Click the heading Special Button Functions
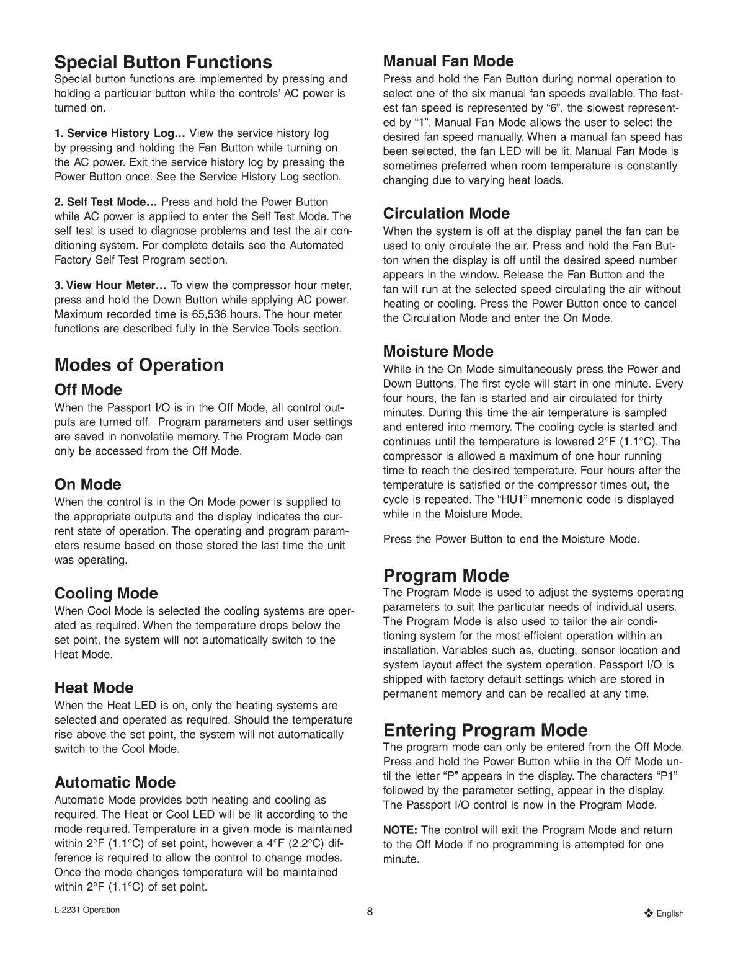pyautogui.click(x=163, y=62)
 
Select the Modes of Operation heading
pyautogui.click(x=139, y=365)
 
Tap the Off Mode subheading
pyautogui.click(x=88, y=390)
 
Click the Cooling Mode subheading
pyautogui.click(x=106, y=593)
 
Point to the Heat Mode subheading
pyautogui.click(x=94, y=688)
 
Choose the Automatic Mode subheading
pyautogui.click(x=115, y=782)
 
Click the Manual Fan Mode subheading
pyautogui.click(x=448, y=61)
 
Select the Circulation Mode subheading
pyautogui.click(x=447, y=213)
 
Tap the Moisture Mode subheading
pyautogui.click(x=438, y=352)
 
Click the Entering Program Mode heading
pyautogui.click(x=485, y=729)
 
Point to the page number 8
pyautogui.click(x=370, y=912)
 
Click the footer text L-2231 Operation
pyautogui.click(x=87, y=910)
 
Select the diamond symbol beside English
pyautogui.click(x=649, y=913)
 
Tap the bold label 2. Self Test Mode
pyautogui.click(x=105, y=202)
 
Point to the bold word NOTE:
pyautogui.click(x=400, y=830)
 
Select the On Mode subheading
pyautogui.click(x=87, y=484)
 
